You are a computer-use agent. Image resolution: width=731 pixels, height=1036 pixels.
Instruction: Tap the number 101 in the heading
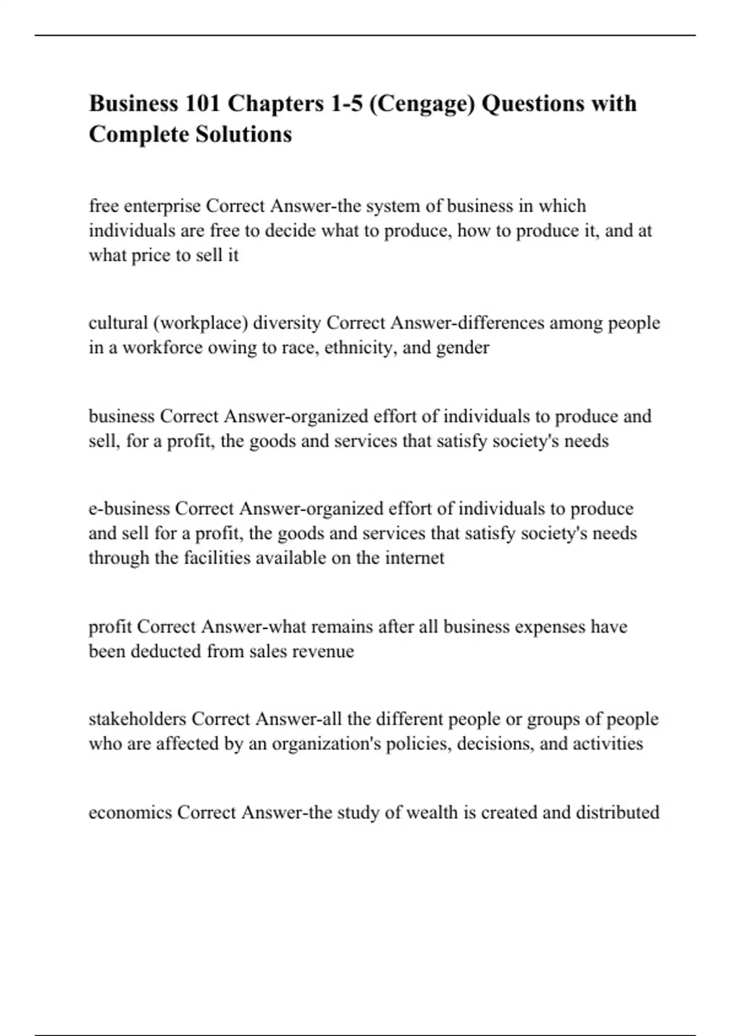[200, 104]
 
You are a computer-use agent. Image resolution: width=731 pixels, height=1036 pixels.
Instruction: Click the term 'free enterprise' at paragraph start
[144, 206]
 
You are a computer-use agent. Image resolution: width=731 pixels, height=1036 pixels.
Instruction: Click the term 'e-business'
[129, 508]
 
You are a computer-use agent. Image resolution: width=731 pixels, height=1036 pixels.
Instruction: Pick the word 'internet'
[414, 558]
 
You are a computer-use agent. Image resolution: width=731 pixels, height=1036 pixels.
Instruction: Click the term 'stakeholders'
[137, 719]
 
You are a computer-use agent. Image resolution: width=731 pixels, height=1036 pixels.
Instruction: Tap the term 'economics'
[130, 812]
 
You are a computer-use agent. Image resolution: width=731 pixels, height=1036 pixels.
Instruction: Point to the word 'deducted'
[166, 651]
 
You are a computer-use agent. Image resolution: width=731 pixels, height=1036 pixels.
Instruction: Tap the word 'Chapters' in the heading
[276, 104]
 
